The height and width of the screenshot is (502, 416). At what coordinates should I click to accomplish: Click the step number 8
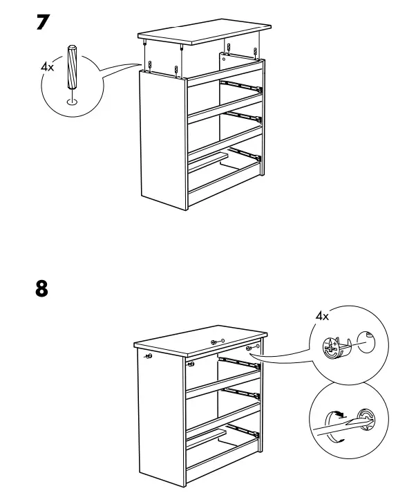tap(42, 288)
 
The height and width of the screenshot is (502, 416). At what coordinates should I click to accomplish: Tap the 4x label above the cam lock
tap(322, 316)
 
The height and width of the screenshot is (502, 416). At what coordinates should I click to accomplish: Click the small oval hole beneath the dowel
tap(71, 102)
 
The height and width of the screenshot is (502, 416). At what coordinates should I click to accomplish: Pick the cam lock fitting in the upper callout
tap(334, 345)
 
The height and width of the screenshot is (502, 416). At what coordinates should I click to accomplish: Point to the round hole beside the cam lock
tap(364, 342)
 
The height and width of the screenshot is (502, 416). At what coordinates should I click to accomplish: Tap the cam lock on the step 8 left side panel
tap(149, 357)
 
